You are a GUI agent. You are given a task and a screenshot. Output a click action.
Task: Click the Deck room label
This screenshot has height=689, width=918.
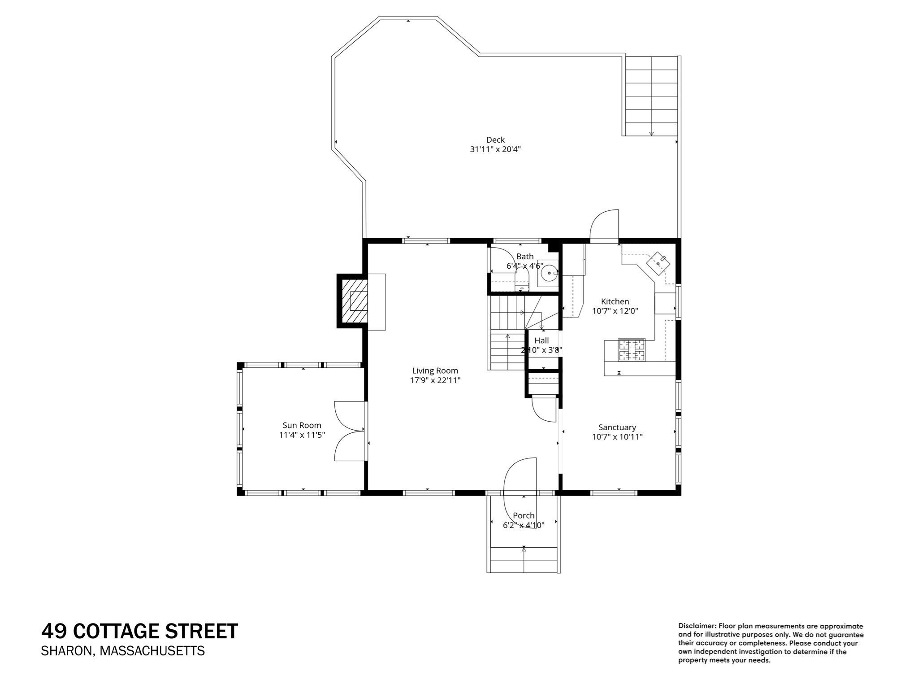click(x=495, y=140)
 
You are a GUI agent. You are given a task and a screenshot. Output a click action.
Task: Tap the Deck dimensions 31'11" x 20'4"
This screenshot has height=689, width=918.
click(x=495, y=149)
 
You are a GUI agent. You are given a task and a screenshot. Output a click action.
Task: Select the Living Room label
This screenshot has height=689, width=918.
click(x=435, y=371)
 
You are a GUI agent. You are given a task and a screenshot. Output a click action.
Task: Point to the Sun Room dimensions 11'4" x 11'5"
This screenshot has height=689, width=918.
click(x=302, y=435)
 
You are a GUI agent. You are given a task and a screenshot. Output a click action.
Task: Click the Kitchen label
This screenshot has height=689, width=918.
click(x=615, y=301)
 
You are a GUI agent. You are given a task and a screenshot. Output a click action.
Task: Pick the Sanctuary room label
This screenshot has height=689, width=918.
click(x=617, y=427)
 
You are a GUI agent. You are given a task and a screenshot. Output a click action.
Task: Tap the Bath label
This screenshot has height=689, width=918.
click(x=525, y=257)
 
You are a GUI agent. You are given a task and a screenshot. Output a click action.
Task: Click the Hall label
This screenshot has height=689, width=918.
click(x=541, y=340)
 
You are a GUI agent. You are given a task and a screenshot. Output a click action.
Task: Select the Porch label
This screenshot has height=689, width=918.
click(x=524, y=516)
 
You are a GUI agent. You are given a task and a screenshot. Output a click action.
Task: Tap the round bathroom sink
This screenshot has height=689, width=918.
click(x=549, y=272)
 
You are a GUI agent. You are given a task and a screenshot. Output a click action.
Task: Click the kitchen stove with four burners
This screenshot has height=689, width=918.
click(x=632, y=350)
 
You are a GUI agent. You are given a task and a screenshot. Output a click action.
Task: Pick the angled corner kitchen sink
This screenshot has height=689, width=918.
click(x=658, y=263)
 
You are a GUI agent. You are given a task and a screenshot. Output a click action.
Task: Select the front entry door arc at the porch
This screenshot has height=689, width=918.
click(x=520, y=476)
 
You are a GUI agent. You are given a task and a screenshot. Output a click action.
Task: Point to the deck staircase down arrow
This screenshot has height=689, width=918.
click(x=651, y=133)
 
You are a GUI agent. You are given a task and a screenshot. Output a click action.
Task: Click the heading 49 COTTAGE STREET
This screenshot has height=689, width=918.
click(x=139, y=631)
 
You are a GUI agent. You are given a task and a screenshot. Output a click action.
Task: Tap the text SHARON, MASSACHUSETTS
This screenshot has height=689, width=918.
click(x=123, y=651)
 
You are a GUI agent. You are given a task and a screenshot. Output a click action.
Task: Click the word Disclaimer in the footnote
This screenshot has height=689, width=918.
click(x=697, y=626)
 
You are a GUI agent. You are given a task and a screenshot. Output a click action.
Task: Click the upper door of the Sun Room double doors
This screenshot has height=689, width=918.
click(x=349, y=416)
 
